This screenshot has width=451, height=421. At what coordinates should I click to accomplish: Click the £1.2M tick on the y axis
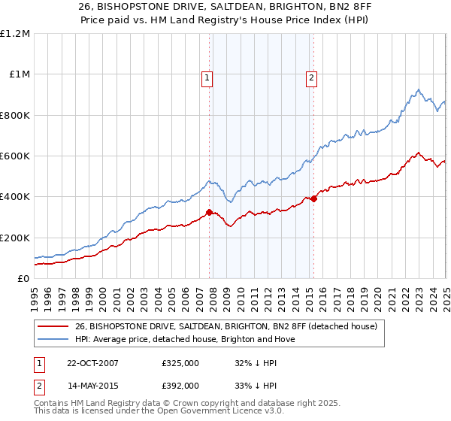tap(15, 33)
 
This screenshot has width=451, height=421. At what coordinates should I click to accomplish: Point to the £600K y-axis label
tap(15, 156)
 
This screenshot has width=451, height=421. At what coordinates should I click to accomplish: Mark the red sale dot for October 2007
tap(210, 212)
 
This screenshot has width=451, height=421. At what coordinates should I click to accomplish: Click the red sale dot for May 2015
tap(313, 198)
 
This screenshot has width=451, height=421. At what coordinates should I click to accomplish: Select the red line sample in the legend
tap(53, 326)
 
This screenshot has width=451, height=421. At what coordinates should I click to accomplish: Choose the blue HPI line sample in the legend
tap(53, 339)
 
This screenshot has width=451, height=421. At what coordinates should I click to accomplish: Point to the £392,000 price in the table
tap(180, 385)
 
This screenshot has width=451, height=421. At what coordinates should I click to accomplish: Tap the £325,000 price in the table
tap(180, 363)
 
